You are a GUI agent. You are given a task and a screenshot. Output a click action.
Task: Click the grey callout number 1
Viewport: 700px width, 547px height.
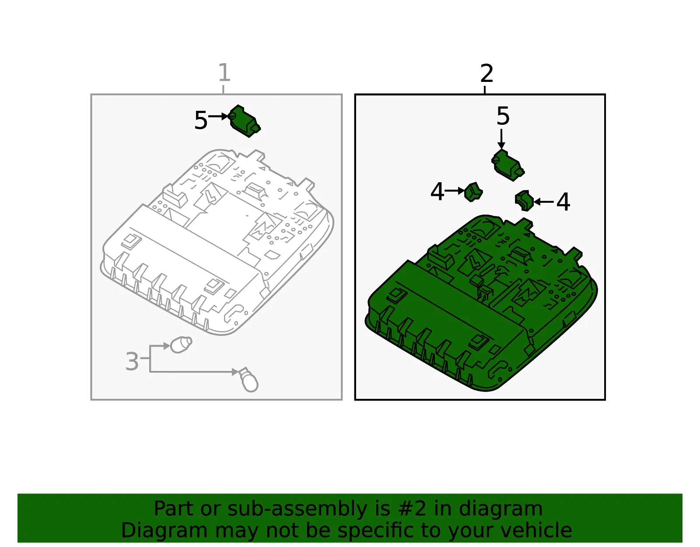point(224,72)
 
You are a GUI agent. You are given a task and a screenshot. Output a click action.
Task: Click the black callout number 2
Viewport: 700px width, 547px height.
point(486,73)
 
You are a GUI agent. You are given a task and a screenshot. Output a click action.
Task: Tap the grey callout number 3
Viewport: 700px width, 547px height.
point(132,361)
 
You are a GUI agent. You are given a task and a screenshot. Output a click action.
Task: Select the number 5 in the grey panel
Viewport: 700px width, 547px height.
point(201,120)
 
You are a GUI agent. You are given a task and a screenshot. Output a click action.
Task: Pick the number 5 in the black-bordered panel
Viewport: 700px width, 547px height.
point(503,116)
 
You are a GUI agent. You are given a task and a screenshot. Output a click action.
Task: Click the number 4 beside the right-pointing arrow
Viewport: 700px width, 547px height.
point(437,191)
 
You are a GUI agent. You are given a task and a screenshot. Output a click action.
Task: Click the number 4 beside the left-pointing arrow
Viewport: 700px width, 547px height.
point(563,202)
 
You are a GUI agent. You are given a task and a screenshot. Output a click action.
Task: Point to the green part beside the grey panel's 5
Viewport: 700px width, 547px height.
point(244,121)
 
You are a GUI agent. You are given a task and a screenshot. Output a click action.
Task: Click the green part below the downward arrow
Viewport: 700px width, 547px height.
point(507,165)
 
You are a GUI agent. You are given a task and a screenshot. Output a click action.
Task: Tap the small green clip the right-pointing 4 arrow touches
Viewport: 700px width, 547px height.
point(473,192)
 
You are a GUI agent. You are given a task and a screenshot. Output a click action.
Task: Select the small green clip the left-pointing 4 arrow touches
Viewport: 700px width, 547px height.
point(524,201)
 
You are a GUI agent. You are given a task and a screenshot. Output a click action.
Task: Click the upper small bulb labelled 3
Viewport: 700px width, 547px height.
point(181,345)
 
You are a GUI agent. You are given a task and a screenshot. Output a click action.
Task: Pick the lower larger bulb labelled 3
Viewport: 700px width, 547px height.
point(249,380)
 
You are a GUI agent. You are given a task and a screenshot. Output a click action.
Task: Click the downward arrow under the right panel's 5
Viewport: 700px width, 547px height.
point(501,139)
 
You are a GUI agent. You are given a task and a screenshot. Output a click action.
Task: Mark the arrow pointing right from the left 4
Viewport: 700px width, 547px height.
point(455,191)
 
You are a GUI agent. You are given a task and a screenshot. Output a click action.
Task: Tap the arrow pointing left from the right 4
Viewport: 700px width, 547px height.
point(543,202)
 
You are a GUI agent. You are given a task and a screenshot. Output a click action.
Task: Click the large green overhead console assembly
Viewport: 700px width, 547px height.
point(481,303)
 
